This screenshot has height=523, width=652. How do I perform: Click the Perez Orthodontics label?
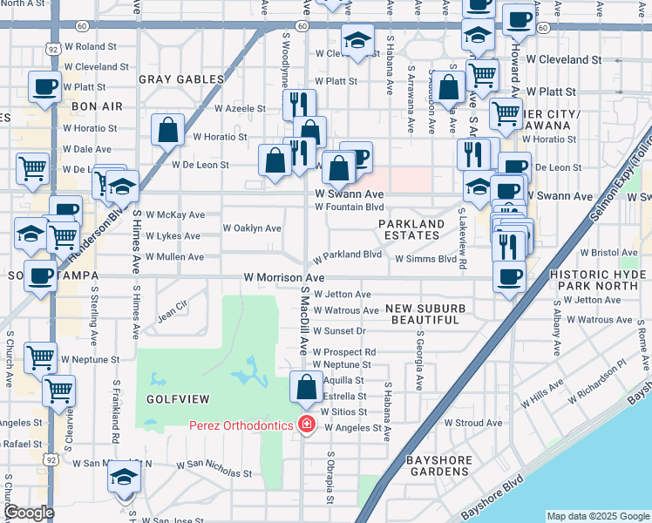point(241,425)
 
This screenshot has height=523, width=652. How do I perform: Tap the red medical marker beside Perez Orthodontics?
point(306,425)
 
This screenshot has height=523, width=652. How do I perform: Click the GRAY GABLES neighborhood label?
point(180,78)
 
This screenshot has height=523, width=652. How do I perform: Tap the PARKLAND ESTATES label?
point(411,229)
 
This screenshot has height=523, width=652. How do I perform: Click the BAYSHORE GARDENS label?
point(439,465)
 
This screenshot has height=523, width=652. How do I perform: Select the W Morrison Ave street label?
point(283,277)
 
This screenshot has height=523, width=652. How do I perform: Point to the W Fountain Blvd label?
point(349,207)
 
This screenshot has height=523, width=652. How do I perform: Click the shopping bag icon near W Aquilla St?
point(306,386)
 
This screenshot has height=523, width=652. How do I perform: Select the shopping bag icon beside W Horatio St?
point(166,130)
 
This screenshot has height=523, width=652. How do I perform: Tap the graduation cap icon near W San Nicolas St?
point(124,477)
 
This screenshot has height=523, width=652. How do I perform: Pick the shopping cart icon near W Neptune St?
point(40,357)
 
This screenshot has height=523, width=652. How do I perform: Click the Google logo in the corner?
point(28,513)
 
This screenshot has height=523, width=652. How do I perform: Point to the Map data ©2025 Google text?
point(597,516)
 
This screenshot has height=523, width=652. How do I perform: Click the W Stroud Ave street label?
point(473,423)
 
